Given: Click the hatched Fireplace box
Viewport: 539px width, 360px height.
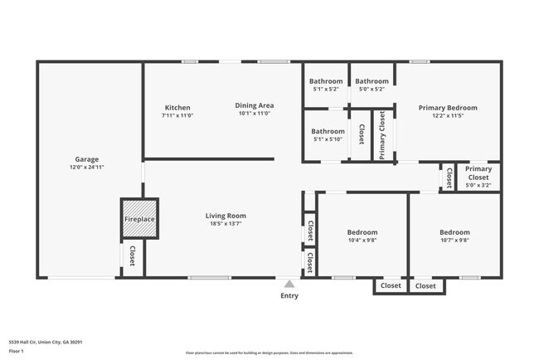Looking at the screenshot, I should [139, 219].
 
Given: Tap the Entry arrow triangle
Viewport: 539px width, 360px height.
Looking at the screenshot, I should [289, 284].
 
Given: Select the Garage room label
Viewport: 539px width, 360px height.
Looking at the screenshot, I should [87, 159].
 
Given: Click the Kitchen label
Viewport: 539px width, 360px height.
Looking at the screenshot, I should [177, 107].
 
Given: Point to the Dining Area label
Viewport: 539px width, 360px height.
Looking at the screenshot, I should [255, 105].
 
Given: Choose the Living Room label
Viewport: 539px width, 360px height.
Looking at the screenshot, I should [226, 216].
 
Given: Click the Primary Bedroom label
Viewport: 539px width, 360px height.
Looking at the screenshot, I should [448, 108].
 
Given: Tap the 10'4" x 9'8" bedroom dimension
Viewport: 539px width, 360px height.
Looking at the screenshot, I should [362, 241].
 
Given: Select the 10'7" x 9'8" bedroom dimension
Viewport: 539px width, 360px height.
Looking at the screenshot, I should [454, 241].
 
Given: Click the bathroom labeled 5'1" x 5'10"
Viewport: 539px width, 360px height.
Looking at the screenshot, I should [328, 139].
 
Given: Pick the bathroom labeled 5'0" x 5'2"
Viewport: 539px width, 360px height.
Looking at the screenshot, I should [371, 90].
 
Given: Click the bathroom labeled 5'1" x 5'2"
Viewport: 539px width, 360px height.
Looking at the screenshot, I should [326, 90].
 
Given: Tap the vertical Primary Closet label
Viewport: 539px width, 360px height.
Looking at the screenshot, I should [382, 134].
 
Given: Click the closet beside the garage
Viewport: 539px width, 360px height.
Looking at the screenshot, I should [132, 257].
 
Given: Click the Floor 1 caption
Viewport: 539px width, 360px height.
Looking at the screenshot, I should [17, 351].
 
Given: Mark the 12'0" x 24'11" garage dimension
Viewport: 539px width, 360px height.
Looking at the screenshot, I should [87, 168].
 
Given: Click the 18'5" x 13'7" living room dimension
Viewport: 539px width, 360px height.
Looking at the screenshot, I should [226, 224].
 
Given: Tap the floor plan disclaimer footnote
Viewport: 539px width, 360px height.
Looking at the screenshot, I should [269, 353].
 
